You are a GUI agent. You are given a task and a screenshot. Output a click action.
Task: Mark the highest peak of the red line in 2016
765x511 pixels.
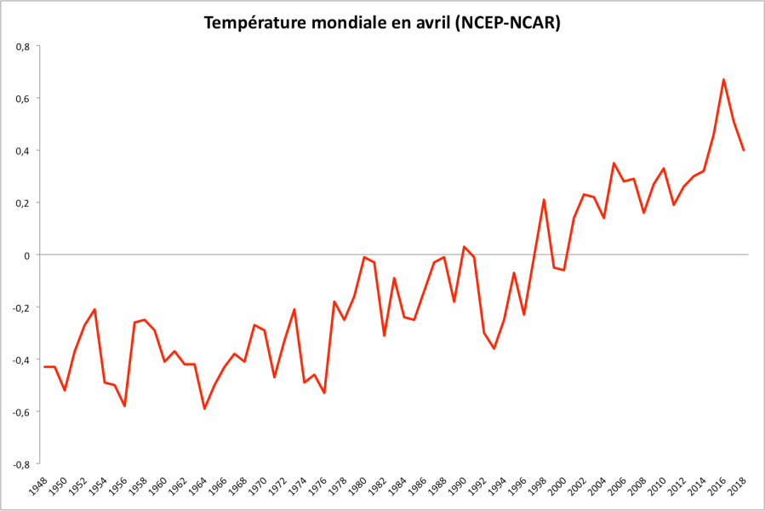click(x=723, y=79)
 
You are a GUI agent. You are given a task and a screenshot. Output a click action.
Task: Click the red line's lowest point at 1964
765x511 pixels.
click(x=204, y=409)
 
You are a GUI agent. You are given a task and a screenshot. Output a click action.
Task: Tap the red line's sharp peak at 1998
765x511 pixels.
click(x=544, y=200)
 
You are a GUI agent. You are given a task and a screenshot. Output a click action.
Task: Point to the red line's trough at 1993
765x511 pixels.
click(x=494, y=348)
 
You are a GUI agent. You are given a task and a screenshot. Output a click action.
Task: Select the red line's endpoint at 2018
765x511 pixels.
click(x=744, y=150)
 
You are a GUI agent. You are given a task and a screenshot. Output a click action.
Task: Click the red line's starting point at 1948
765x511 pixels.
click(x=45, y=367)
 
